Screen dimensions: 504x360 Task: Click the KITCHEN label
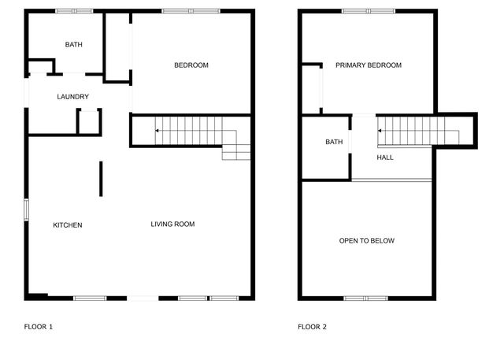coord(68,225)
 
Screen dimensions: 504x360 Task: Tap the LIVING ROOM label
coord(172,224)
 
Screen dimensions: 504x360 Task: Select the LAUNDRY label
coord(73,97)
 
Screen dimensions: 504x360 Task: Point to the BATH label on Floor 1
coord(73,44)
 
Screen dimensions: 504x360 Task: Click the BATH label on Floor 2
coord(334,142)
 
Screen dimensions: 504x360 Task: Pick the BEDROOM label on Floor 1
coord(191,65)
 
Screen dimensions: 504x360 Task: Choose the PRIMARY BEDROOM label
coord(369,65)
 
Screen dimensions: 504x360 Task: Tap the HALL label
coord(385,158)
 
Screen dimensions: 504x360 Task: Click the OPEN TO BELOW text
coord(367,241)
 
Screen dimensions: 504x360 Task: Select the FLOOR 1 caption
coord(39,327)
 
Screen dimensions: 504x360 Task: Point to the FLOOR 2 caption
coord(312,327)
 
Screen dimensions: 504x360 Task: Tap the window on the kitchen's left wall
coord(26,210)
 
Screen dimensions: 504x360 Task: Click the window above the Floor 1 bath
coord(74,11)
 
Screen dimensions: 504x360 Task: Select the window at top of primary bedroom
coord(369,11)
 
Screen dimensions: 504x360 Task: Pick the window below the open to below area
coord(365,299)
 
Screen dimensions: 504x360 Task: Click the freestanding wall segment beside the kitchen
coord(101,179)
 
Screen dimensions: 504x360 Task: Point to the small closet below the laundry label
coord(89,122)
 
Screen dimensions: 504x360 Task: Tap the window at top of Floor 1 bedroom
coord(191,11)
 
